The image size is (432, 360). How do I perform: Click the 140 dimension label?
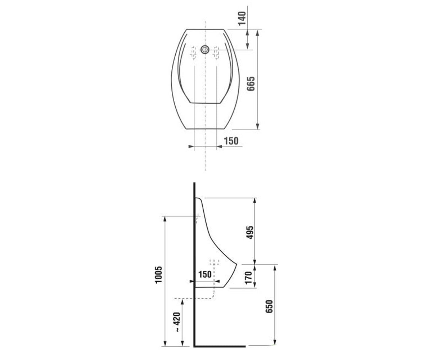click(x=242, y=18)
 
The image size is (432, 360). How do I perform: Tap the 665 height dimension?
click(x=251, y=84)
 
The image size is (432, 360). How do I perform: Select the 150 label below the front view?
click(x=231, y=141)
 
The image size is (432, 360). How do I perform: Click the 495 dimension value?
click(x=250, y=232)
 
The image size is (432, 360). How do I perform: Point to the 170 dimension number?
click(x=248, y=278)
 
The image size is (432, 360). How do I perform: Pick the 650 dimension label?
click(x=269, y=306)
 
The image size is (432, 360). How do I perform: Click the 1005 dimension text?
click(x=159, y=275)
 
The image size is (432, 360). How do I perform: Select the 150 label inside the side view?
click(x=205, y=274)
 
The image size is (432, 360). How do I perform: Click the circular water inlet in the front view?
click(x=205, y=49)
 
